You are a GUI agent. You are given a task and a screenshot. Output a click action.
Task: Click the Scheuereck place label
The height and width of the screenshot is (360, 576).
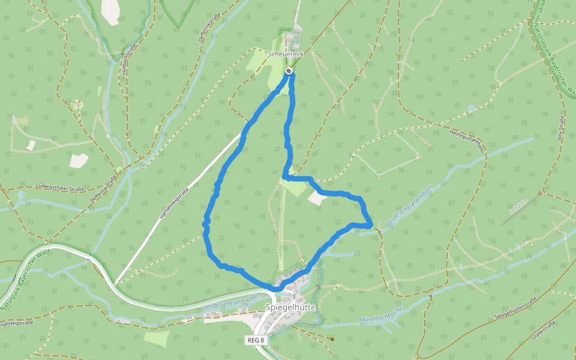pos(286,54)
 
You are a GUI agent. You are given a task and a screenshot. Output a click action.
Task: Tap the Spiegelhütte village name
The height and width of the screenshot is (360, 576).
pos(290,307)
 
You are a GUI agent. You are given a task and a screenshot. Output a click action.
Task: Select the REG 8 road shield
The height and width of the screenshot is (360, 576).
pos(255,340)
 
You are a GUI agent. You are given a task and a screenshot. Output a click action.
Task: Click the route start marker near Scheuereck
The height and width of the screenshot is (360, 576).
pos(289,71)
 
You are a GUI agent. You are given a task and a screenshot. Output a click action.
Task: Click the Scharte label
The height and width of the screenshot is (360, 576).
pos(517,207)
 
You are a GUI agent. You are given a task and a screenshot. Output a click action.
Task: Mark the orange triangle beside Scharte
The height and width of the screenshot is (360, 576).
pos(540,193)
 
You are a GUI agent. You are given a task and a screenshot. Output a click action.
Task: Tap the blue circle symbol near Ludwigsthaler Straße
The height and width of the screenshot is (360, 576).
pos(21,195)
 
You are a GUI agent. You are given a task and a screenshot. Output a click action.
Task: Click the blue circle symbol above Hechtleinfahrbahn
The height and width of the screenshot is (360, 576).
pos(471,109)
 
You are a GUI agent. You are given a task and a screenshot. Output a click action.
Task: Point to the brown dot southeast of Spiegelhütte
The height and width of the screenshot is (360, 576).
pos(332,339)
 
